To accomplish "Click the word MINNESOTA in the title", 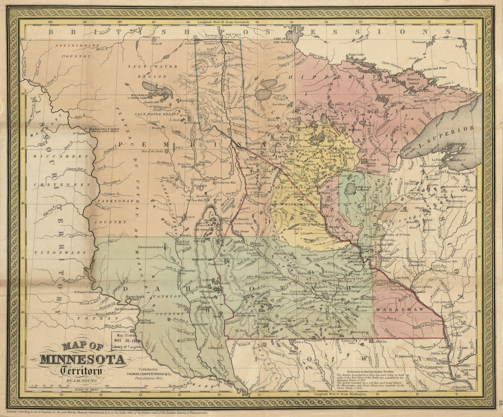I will tap(82, 360).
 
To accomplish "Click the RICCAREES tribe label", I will tap(59, 157).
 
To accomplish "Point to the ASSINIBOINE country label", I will tap(73, 46).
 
